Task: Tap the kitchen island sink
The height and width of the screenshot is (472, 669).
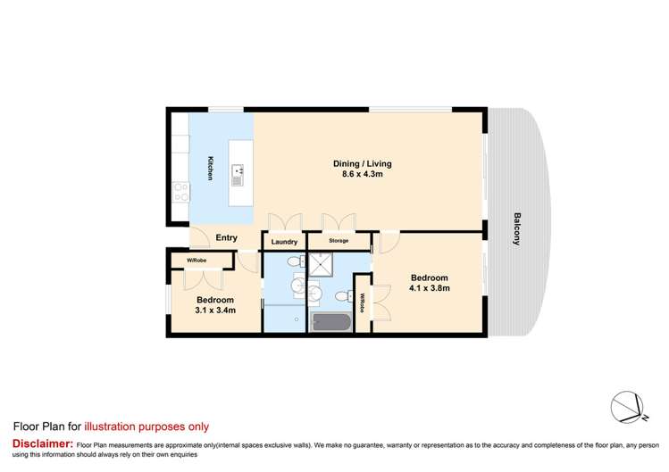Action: [x=238, y=170]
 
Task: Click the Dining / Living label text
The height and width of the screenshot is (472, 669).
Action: [x=363, y=164]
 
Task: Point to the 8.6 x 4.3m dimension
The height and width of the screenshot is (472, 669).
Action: [x=363, y=176]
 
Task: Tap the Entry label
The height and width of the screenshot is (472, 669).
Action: [x=227, y=236]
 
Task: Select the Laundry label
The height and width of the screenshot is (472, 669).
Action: [x=284, y=242]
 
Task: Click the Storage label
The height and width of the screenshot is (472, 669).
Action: [x=338, y=242]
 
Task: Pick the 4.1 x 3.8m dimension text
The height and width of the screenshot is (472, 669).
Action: [x=430, y=288]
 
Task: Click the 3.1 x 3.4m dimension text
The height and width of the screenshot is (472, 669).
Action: [x=215, y=311]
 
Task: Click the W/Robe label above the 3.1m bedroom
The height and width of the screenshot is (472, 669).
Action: [x=197, y=261]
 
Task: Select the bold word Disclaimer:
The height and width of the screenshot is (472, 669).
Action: [x=41, y=443]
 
